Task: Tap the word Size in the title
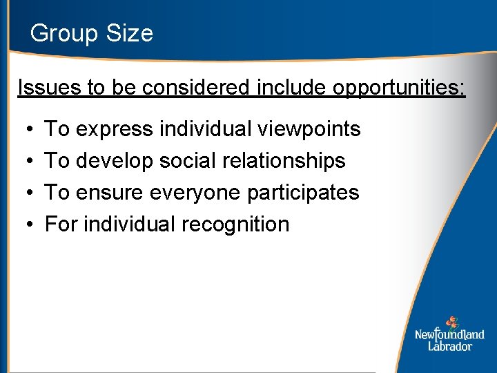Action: [128, 33]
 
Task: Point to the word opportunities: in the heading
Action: [399, 88]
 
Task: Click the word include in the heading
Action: [293, 88]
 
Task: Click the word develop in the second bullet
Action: [115, 161]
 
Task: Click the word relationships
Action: [284, 161]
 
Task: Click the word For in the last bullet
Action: [57, 224]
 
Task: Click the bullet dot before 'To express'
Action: [24, 130]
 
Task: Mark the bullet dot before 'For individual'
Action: [24, 225]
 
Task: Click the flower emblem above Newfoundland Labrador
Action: [452, 322]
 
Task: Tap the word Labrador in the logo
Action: [449, 346]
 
